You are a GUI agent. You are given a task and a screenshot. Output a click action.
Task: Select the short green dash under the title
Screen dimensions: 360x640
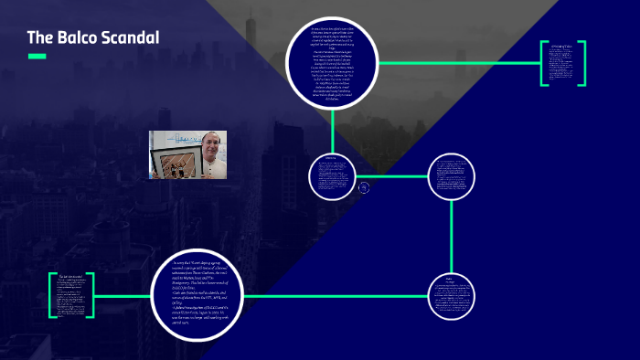coord(37,57)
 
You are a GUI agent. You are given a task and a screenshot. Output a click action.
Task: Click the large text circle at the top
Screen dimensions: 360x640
coord(333,66)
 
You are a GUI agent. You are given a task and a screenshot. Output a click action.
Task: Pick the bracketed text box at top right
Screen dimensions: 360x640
coord(562,63)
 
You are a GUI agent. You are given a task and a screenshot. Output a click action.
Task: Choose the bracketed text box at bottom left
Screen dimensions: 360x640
coord(72,295)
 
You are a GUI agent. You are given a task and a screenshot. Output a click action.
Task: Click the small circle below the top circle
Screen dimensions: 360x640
coord(331,175)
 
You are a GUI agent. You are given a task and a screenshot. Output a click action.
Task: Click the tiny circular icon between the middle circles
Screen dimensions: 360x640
coord(364,187)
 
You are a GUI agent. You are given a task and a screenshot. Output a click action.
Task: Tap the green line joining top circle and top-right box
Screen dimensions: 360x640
coord(457,63)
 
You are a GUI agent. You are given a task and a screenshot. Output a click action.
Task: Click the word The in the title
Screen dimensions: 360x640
coord(38,37)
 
